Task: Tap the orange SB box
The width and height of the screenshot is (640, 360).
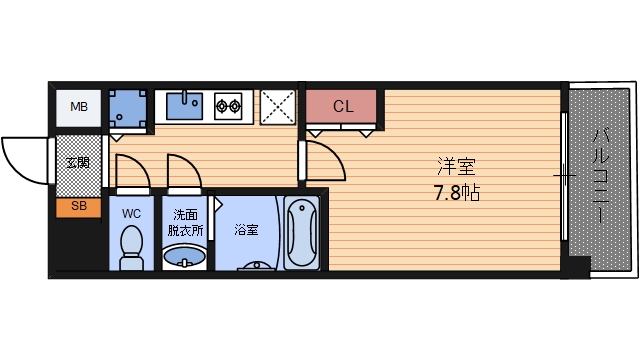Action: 77,207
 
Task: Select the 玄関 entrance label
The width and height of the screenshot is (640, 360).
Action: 77,162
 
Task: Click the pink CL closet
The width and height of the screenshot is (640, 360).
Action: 342,106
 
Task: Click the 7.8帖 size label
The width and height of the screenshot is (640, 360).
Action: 457,192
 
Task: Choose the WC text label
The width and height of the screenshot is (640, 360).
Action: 131,214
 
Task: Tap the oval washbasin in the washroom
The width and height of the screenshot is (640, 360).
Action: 185,259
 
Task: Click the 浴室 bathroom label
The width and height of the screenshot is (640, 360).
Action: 247,229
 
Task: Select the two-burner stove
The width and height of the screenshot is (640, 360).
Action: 229,104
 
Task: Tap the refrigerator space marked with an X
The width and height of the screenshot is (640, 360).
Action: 278,106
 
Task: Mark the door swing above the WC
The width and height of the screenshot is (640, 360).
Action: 132,172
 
